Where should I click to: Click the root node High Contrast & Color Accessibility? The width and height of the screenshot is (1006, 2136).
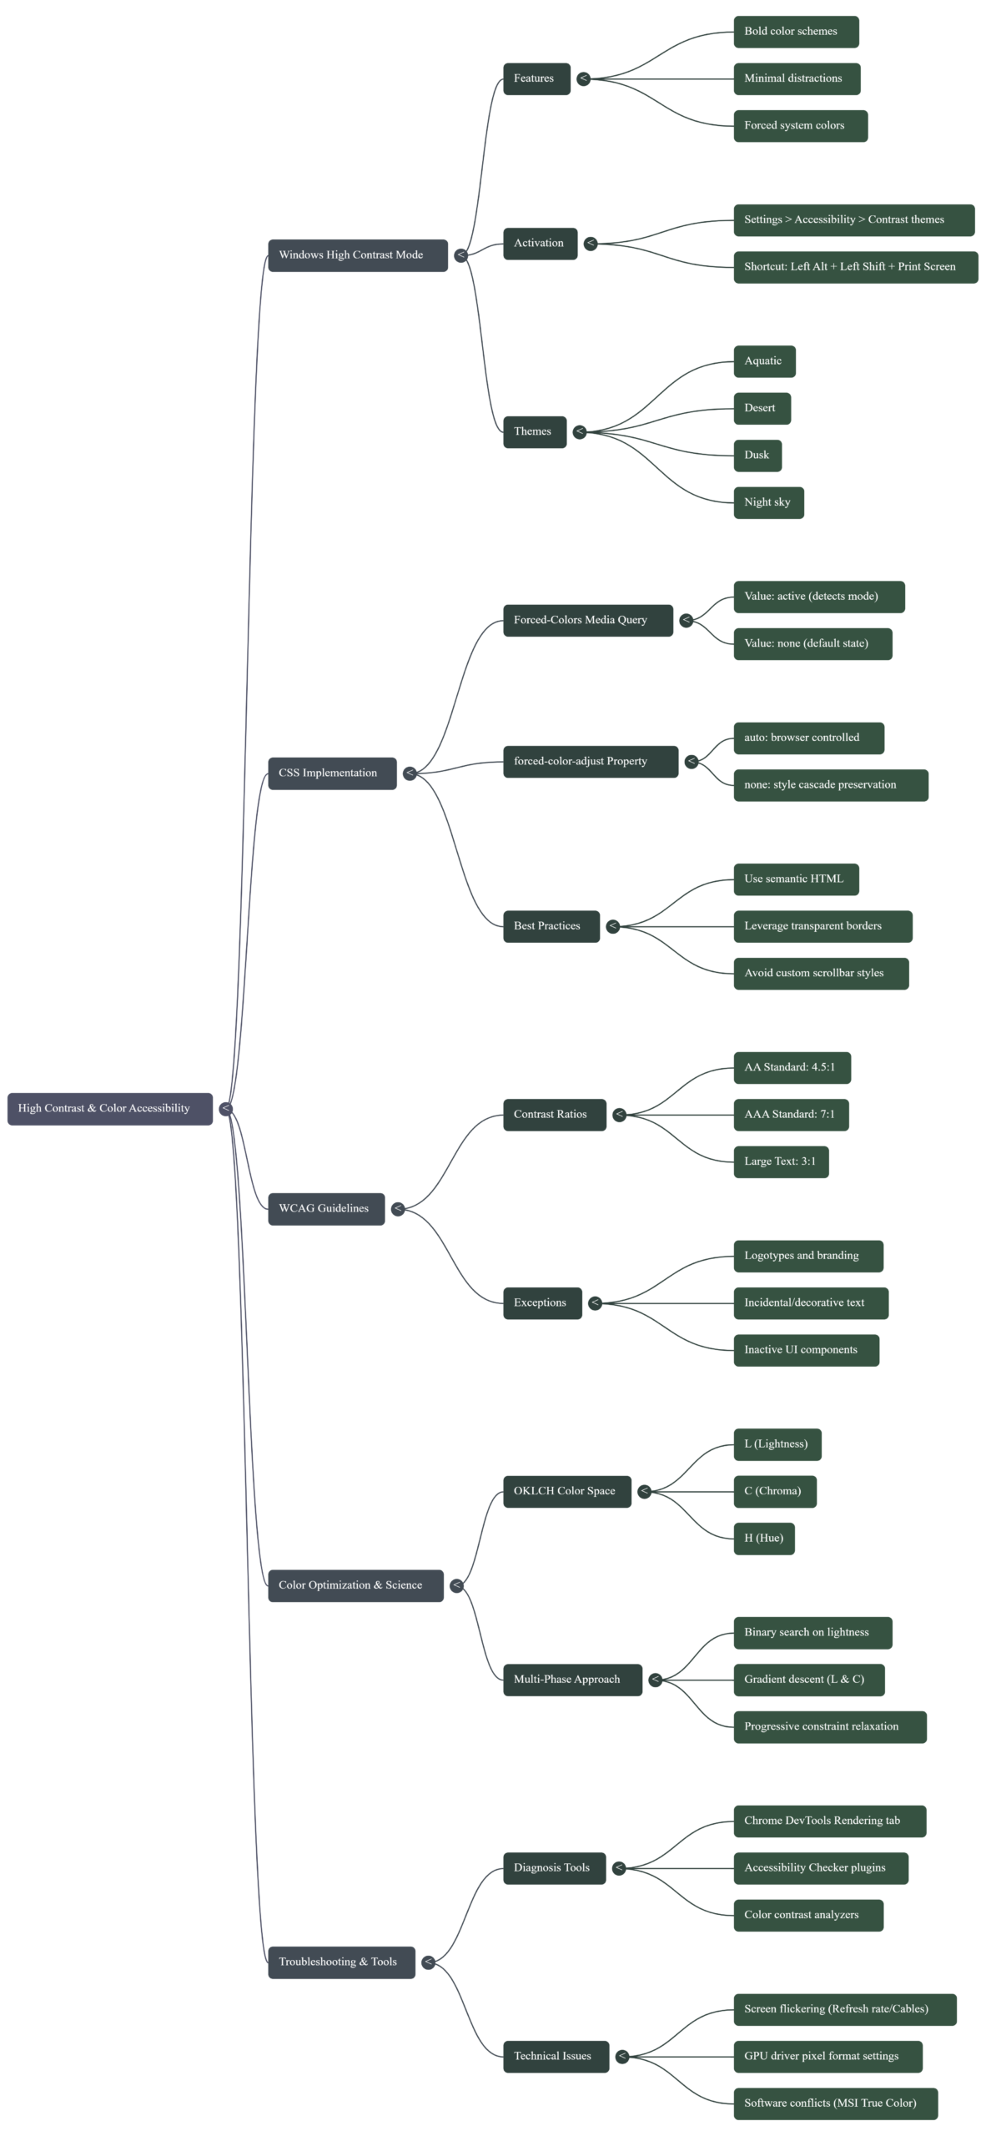109,1108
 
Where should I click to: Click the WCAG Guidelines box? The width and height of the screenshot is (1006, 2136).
326,1209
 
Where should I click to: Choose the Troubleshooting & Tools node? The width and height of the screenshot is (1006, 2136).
341,1962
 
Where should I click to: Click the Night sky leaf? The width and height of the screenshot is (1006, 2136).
768,502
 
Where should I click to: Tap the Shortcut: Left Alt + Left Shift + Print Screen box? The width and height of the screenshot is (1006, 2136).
855,267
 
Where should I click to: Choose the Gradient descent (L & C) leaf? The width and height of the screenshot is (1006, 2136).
808,1680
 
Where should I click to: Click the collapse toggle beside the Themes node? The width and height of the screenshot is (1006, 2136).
580,432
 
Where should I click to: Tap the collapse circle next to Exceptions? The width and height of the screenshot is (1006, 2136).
595,1302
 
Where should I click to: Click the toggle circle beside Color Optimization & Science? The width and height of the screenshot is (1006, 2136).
456,1585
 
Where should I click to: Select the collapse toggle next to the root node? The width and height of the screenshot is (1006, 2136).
226,1108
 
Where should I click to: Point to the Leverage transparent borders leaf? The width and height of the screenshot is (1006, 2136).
822,926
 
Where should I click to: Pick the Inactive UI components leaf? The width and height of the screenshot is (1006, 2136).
806,1350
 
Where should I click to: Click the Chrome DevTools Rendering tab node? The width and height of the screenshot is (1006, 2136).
829,1821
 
